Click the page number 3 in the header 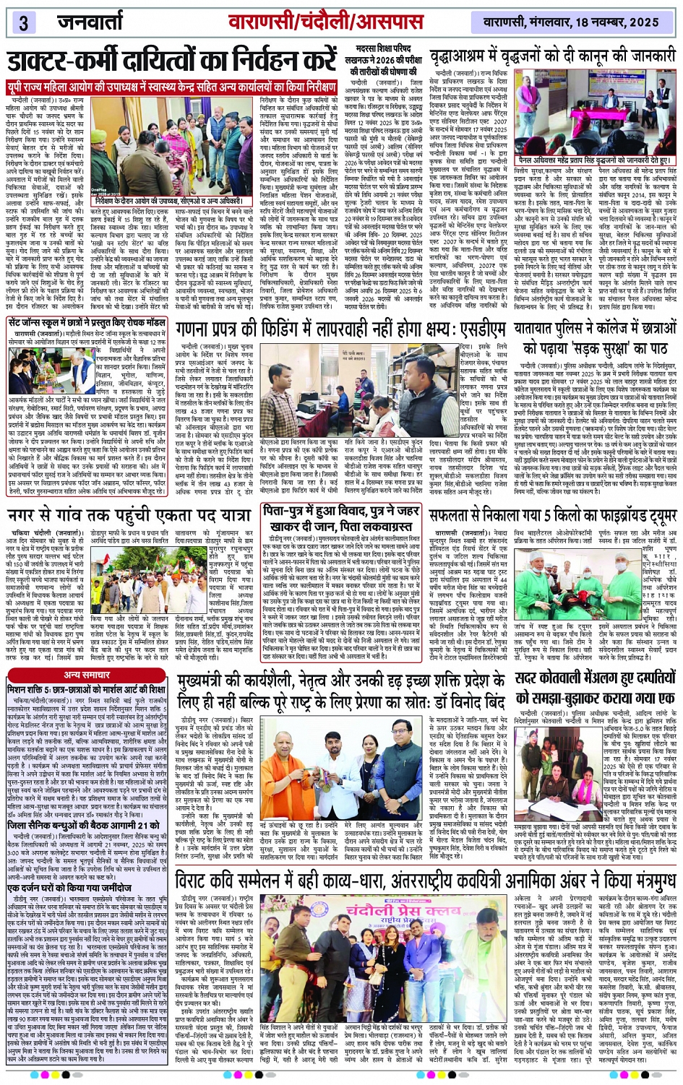(x=23, y=22)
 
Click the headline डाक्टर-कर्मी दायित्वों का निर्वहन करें (x=172, y=61)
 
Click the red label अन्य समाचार (x=86, y=674)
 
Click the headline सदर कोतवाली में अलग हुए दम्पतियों (x=595, y=688)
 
